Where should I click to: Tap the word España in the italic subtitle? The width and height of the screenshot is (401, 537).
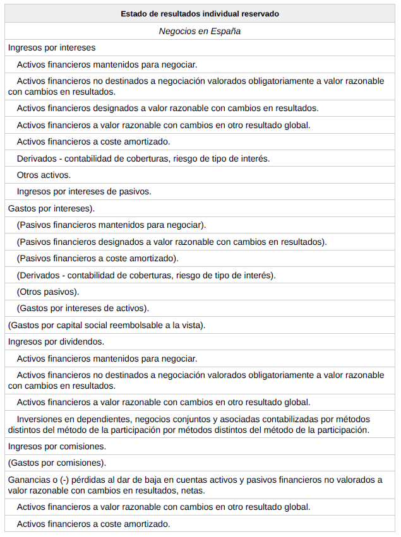[227, 30]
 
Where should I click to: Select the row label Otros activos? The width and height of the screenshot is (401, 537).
[44, 175]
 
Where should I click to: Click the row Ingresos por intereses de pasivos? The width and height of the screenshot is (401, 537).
[84, 191]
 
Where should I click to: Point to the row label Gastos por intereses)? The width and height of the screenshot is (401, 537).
[51, 208]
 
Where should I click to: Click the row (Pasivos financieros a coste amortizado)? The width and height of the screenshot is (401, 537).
[98, 258]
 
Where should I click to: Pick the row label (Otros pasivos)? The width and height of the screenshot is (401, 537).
[48, 292]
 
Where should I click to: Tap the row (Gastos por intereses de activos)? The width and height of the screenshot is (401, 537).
[83, 308]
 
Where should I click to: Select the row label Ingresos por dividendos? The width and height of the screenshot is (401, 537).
[56, 341]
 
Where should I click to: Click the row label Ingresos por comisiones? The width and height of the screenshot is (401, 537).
[57, 446]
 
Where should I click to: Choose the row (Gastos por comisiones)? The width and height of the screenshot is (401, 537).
[57, 463]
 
